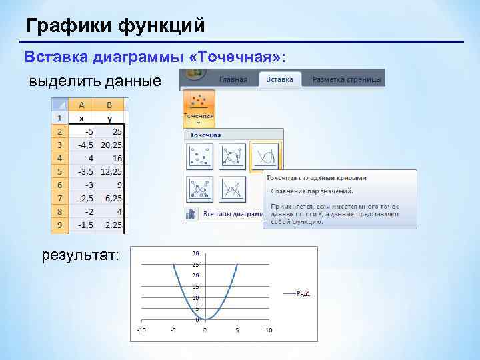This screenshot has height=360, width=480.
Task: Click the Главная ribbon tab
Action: click(x=234, y=79)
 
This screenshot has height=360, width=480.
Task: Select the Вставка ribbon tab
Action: click(x=279, y=79)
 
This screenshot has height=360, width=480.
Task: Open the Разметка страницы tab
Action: click(x=347, y=79)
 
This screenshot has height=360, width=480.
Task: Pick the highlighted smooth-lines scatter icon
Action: click(x=266, y=157)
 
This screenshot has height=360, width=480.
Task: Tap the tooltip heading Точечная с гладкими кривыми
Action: click(x=316, y=178)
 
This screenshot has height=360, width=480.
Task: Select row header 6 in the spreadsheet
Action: click(x=60, y=185)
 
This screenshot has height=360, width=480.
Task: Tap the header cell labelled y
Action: click(x=109, y=117)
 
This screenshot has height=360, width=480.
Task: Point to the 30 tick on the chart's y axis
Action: click(x=195, y=253)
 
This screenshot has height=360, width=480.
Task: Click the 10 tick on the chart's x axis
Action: click(x=269, y=330)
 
